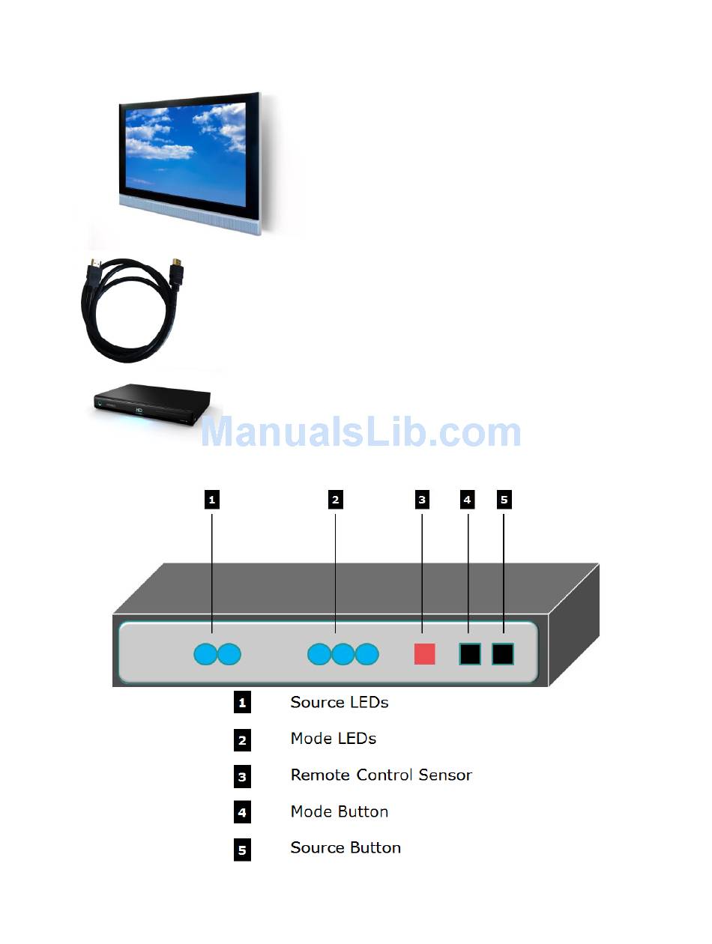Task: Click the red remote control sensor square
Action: pos(424,654)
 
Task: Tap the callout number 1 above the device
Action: pos(212,500)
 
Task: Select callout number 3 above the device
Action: pos(422,500)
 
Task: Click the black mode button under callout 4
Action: pos(469,654)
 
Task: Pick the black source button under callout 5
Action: pos(503,654)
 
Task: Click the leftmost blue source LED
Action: pos(205,655)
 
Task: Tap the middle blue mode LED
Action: pos(343,655)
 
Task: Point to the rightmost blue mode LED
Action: pos(367,655)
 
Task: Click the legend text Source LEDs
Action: pos(339,703)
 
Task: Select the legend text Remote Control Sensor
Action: pos(381,775)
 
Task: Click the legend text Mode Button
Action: pos(339,811)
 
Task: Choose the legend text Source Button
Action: pos(346,848)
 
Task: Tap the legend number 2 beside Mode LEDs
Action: pos(242,740)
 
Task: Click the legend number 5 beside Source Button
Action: pos(242,850)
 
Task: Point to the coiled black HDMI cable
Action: pos(132,308)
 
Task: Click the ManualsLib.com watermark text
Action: pos(360,433)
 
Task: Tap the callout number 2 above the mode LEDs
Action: pos(335,500)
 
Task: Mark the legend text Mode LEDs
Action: pos(333,739)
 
